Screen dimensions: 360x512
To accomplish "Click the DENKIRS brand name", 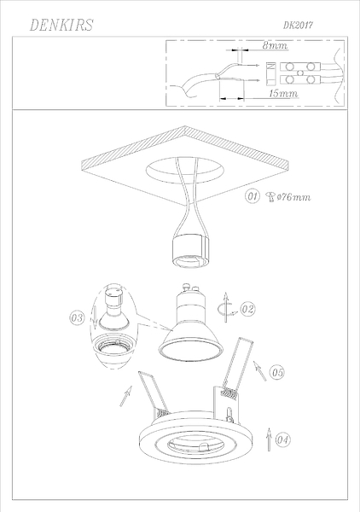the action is (x=61, y=25).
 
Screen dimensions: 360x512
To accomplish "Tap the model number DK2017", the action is (x=298, y=25).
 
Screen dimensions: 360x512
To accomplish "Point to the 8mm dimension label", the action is (x=276, y=45).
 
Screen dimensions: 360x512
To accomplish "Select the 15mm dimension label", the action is (x=283, y=93).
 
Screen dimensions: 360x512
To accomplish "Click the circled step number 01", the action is (x=253, y=196).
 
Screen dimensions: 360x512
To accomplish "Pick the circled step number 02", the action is (x=247, y=309).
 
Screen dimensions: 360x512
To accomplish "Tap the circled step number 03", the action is (x=77, y=317).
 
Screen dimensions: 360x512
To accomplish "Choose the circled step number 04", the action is (x=282, y=439).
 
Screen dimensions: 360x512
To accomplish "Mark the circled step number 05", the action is (x=277, y=372).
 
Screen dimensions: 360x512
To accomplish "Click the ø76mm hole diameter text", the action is (x=293, y=197).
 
